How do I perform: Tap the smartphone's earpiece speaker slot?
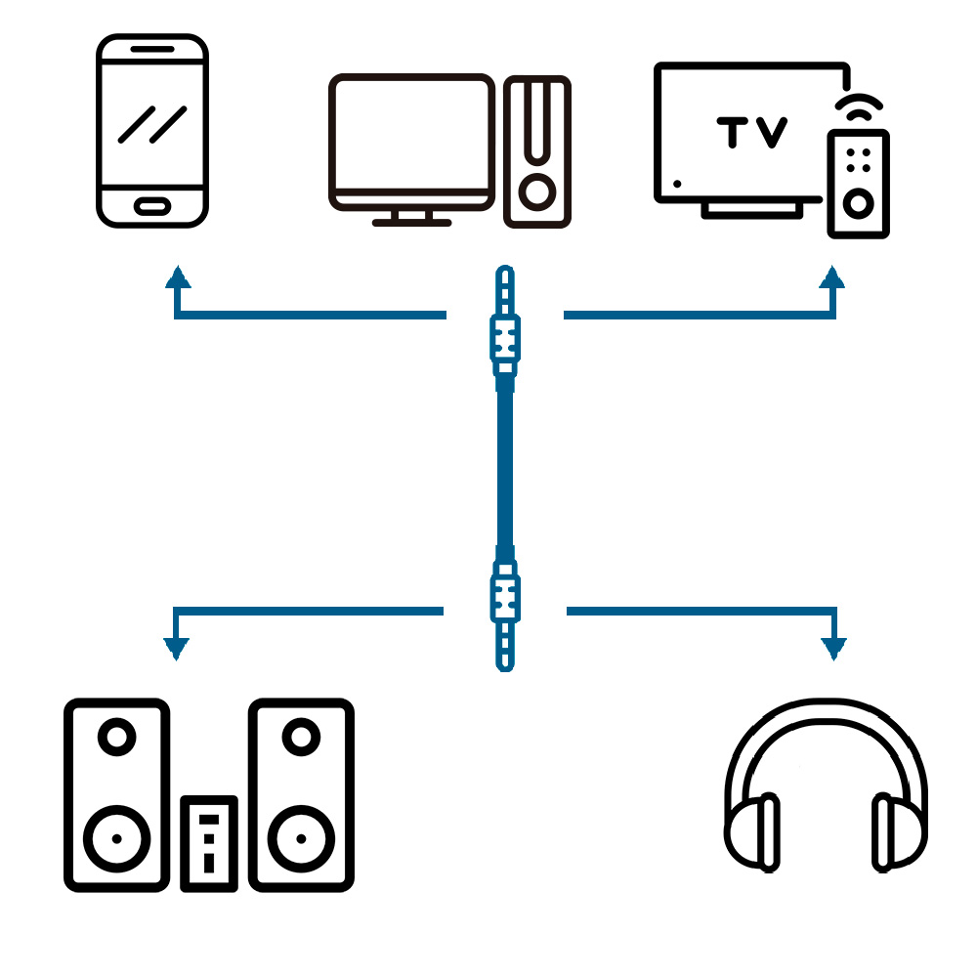point(151,49)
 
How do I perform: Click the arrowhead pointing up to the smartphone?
point(177,276)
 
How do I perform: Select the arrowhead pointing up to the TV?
point(832,276)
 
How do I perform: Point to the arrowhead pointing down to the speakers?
point(176,646)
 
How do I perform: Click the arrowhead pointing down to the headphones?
point(834,646)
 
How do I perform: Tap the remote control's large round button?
point(859,203)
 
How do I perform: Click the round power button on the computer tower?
point(536,191)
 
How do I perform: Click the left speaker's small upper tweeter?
point(117,736)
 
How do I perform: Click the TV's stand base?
point(751,208)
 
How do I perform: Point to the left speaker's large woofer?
point(117,837)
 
